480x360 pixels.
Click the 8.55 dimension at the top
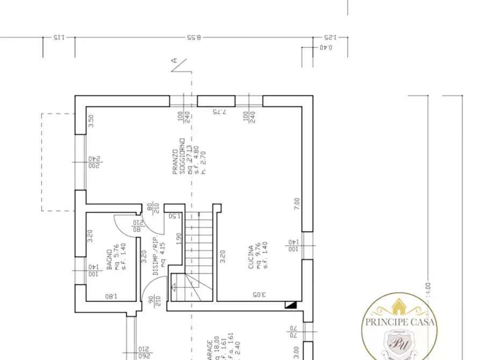tap(194, 38)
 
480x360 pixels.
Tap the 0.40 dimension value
tap(326, 48)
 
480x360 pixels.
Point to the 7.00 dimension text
tap(297, 204)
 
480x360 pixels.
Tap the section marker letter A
tap(174, 61)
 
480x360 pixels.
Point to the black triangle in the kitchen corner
tap(290, 305)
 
